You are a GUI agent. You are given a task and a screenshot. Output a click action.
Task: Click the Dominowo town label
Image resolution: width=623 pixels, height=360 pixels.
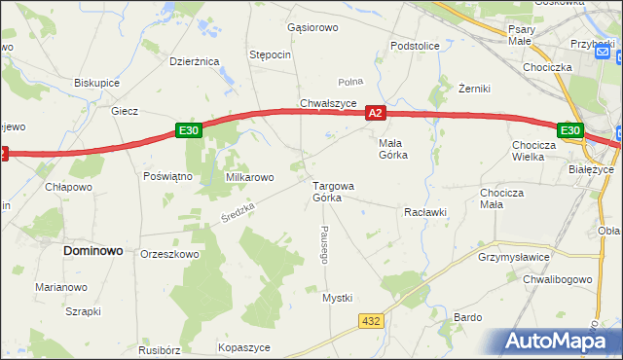pos(93,250)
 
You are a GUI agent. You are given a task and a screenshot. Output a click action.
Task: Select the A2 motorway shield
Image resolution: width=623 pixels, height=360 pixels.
pos(378,114)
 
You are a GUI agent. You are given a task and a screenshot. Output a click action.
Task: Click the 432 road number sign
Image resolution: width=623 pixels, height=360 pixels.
pos(371,320)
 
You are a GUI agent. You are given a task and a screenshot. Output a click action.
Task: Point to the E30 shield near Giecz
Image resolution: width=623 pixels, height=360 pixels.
pos(189,130)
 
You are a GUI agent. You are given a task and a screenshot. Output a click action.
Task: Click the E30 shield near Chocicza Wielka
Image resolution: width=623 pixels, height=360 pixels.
pos(570,130)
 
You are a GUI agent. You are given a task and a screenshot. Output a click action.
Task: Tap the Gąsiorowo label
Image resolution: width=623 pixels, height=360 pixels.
pos(312,27)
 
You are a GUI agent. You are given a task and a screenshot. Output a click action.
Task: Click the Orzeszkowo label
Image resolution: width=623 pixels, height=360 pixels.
pos(169,254)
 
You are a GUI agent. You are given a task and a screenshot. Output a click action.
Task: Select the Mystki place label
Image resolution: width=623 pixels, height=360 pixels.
pos(337,298)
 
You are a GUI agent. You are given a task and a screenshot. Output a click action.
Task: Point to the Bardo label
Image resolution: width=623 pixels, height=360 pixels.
pos(468,317)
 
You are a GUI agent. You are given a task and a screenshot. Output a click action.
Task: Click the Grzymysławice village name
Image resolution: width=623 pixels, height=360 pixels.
pos(515,257)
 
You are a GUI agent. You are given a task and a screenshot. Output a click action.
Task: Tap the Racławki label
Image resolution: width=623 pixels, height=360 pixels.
pos(424,211)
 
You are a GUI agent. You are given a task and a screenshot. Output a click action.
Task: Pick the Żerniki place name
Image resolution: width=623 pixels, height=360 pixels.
pos(477,89)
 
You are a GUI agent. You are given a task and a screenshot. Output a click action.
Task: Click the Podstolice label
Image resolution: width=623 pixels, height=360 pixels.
pos(415,46)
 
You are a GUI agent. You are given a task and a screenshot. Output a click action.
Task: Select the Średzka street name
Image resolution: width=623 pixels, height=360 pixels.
pos(237,209)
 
